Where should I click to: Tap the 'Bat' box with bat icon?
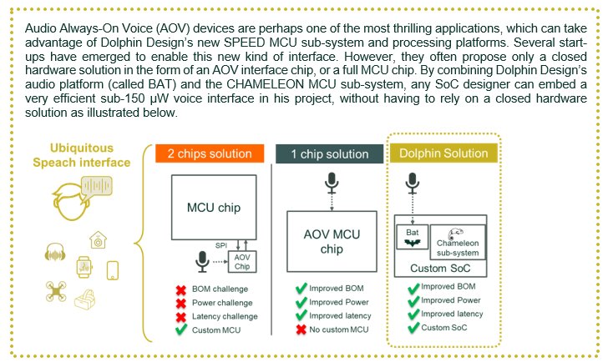(412, 238)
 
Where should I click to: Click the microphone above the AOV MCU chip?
(332, 181)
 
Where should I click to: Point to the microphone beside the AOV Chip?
(201, 261)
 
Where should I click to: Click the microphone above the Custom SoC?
(412, 182)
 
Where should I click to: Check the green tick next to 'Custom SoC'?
(412, 328)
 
